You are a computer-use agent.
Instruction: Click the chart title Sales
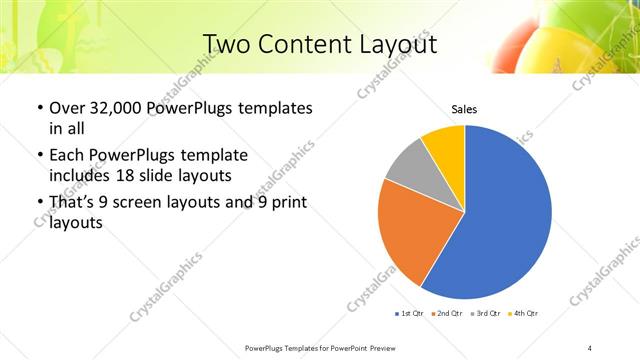[464, 109]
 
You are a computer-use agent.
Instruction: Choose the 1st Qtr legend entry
[413, 314]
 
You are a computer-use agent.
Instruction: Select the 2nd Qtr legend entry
[447, 314]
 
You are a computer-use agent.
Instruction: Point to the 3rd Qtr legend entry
[486, 314]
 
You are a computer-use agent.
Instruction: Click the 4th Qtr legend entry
[524, 314]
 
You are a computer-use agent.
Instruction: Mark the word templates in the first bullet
[271, 108]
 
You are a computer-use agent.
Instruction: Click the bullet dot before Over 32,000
[38, 108]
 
